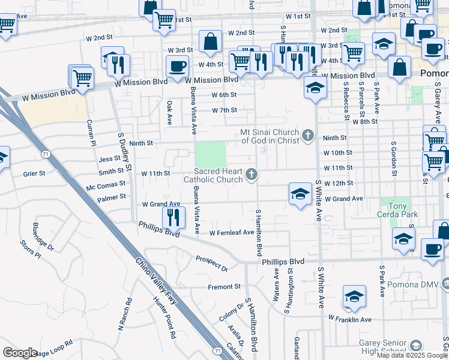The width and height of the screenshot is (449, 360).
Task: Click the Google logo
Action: click(20, 353)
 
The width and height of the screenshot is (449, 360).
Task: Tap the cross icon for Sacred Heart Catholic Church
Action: click(252, 175)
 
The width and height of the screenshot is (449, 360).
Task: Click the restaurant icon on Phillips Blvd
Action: click(173, 217)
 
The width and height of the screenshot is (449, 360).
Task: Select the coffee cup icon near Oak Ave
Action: click(177, 66)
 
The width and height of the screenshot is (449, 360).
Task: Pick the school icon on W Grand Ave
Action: click(300, 193)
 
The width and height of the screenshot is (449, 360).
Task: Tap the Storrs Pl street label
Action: click(29, 250)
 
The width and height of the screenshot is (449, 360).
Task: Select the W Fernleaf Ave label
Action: click(232, 233)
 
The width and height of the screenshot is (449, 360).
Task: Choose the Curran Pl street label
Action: click(92, 132)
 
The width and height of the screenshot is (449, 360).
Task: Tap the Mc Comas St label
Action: click(106, 185)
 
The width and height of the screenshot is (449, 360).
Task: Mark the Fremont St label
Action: click(224, 287)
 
